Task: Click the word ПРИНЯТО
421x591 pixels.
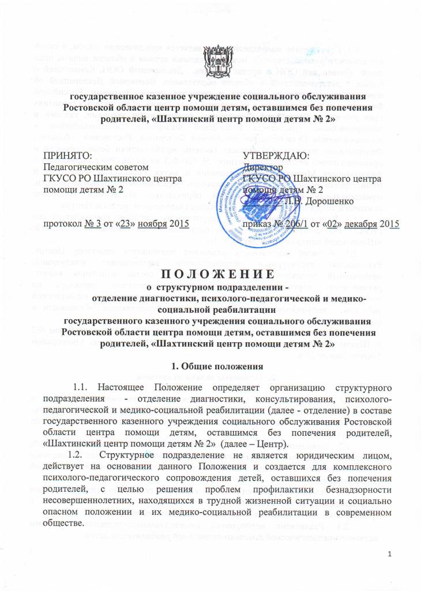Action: click(68, 156)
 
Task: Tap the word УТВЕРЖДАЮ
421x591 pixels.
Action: click(276, 156)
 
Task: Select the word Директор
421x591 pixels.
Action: click(263, 167)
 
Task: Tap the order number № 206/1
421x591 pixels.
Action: click(290, 223)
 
